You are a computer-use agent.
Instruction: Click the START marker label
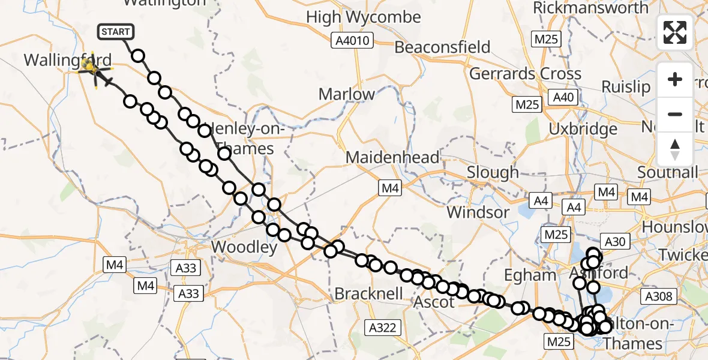click(x=114, y=32)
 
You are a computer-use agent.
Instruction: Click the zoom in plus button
click(x=675, y=80)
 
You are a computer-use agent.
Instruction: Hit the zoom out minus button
click(x=675, y=114)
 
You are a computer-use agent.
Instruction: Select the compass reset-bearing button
click(x=675, y=149)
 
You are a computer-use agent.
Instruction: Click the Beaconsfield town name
click(x=442, y=47)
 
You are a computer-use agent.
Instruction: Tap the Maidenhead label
click(x=392, y=158)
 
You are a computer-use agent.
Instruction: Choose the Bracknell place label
click(x=364, y=294)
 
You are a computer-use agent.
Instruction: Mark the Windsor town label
click(x=478, y=212)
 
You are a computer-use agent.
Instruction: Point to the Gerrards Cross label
click(x=525, y=74)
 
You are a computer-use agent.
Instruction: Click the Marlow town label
click(x=347, y=94)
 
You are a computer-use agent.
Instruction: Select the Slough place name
click(x=493, y=173)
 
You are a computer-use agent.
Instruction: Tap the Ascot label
click(x=434, y=302)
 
